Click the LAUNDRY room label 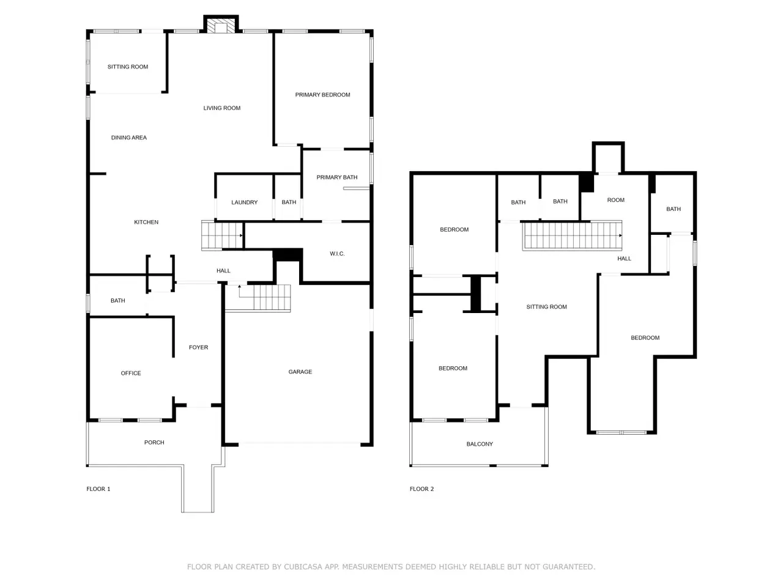(x=244, y=202)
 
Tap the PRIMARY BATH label (x=336, y=177)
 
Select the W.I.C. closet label (x=337, y=254)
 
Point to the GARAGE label (x=300, y=372)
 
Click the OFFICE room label (x=131, y=373)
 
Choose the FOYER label (x=198, y=347)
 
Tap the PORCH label (x=154, y=442)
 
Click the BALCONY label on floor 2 (x=480, y=444)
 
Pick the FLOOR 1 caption (x=98, y=489)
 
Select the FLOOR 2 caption (x=421, y=489)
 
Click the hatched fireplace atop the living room (x=221, y=26)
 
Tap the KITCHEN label (x=146, y=223)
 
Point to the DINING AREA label (x=129, y=138)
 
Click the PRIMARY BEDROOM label (x=322, y=95)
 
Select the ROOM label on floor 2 (x=616, y=200)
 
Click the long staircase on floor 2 (x=572, y=235)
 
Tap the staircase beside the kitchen (x=222, y=235)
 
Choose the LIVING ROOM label (x=222, y=108)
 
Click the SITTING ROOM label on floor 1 (x=128, y=67)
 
